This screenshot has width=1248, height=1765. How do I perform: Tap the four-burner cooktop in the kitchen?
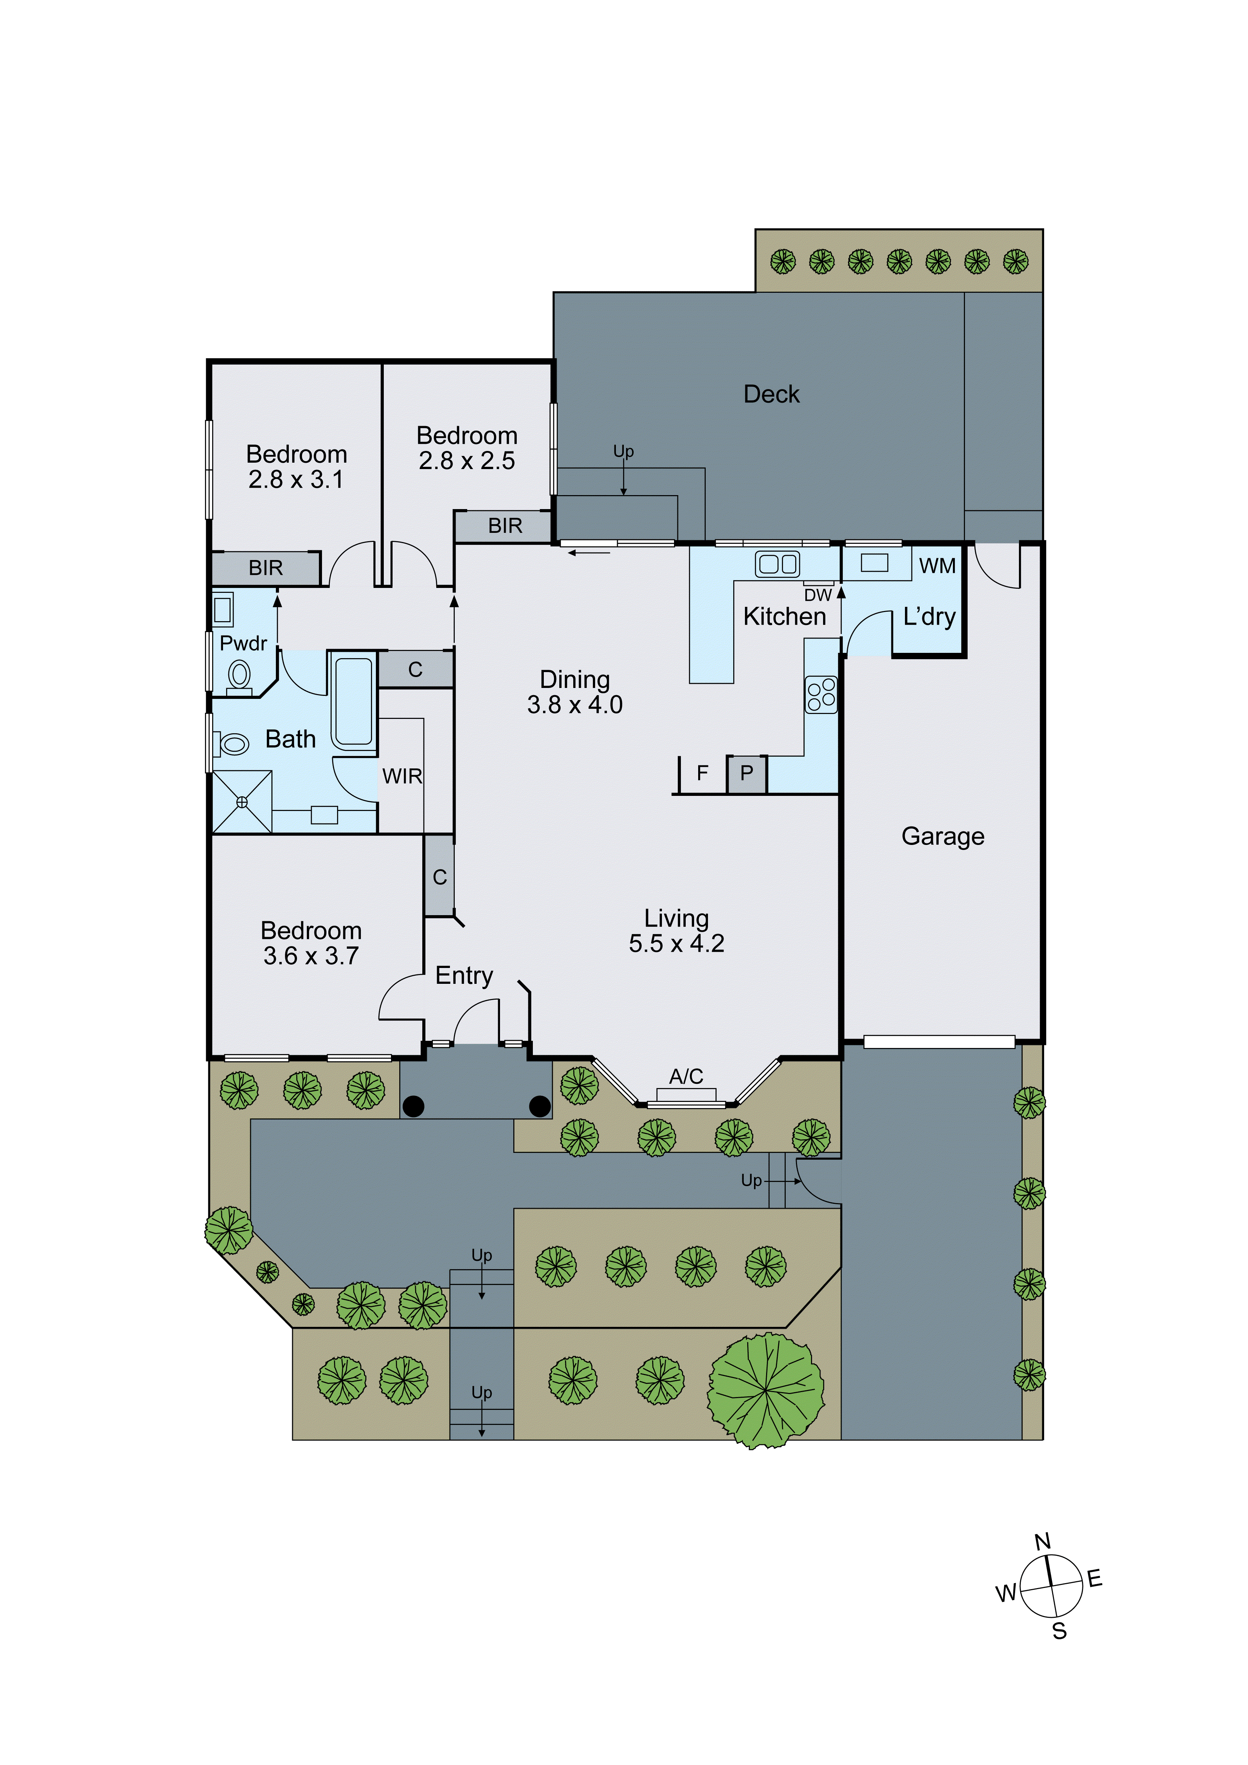click(x=820, y=694)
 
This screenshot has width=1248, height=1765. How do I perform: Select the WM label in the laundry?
click(x=937, y=566)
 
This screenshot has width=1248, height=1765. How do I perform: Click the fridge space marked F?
click(x=702, y=773)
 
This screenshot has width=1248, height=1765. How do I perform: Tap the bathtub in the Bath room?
click(x=354, y=701)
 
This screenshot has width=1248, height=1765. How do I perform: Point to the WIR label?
click(x=402, y=776)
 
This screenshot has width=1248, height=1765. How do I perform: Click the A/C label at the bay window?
click(x=686, y=1076)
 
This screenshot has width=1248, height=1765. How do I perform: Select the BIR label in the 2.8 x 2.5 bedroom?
click(x=505, y=526)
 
